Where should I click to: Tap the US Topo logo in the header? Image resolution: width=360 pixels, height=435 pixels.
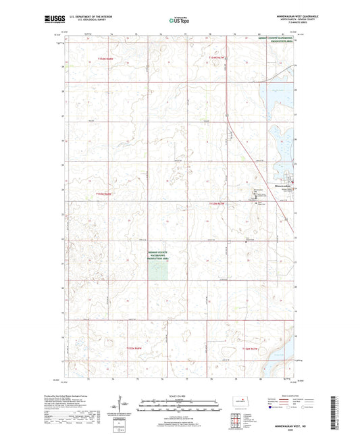(x=179, y=21)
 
